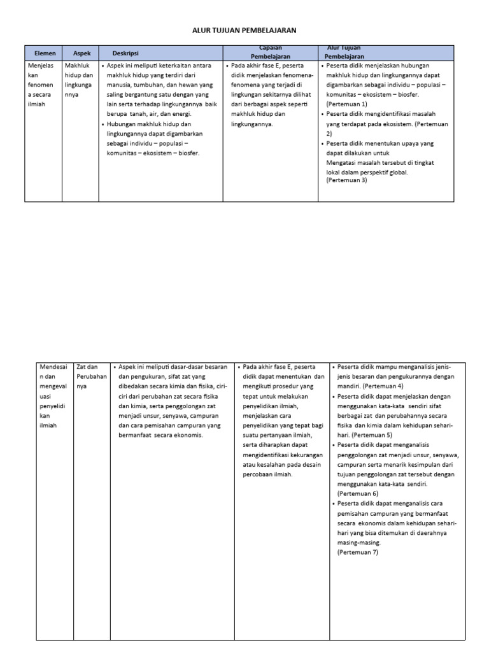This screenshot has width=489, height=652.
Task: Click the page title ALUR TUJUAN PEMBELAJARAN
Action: [x=244, y=30]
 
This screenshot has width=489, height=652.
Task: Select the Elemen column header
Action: [x=45, y=53]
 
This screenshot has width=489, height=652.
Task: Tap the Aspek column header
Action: [x=82, y=53]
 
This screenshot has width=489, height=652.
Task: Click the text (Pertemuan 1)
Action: [x=346, y=103]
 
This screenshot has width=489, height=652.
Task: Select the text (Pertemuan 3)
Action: [x=346, y=180]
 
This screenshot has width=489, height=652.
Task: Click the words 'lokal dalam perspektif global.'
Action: [x=367, y=172]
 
